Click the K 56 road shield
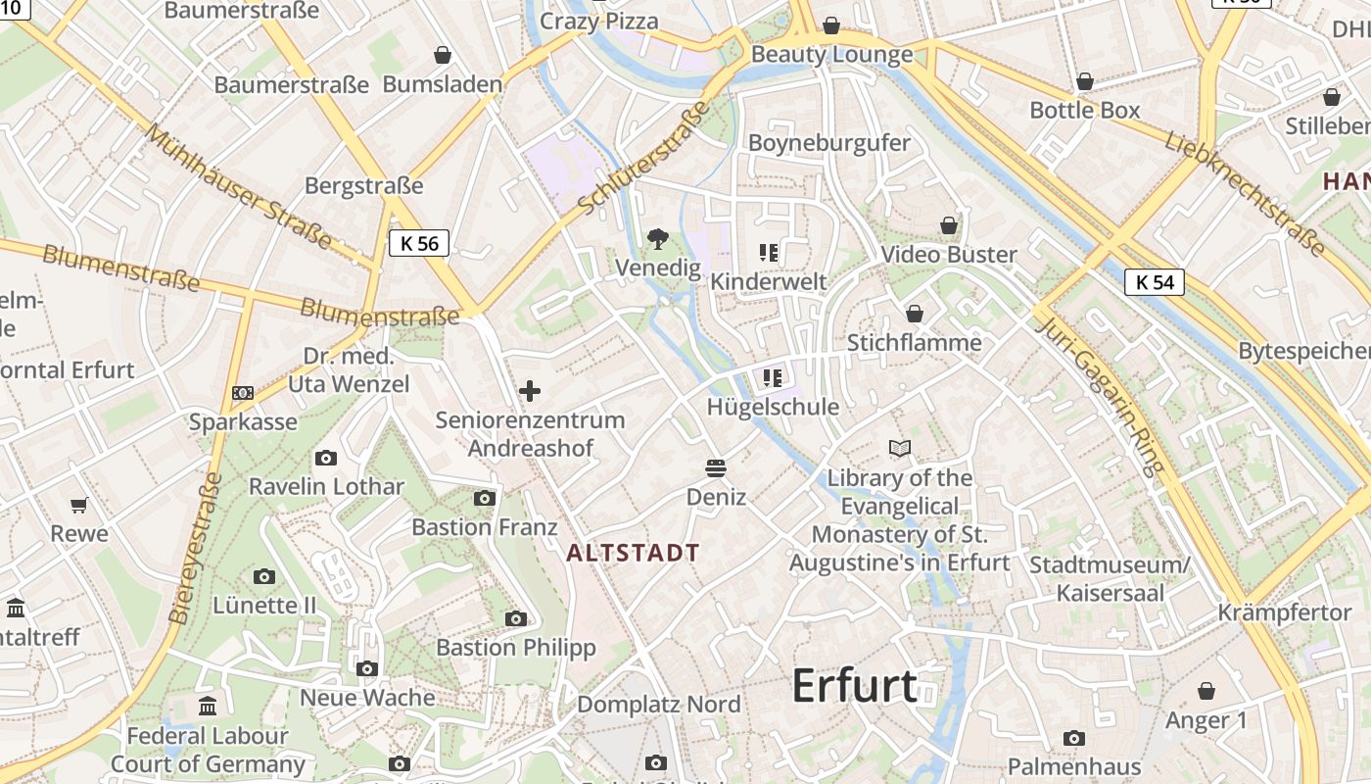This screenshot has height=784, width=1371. [419, 243]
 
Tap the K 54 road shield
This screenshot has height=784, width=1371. [1155, 282]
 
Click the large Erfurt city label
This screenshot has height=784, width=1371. [854, 685]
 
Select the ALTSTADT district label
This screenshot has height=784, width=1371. [633, 553]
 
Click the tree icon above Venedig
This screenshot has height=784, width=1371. [658, 238]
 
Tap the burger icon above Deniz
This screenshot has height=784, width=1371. [716, 468]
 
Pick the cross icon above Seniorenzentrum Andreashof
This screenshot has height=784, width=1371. [530, 392]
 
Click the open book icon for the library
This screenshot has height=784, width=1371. [899, 449]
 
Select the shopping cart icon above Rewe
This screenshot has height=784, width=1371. [79, 506]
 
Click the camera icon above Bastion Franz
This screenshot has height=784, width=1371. [484, 499]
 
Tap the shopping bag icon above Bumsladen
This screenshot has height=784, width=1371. [443, 55]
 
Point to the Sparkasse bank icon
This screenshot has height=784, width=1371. [243, 393]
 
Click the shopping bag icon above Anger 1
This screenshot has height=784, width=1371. [1206, 692]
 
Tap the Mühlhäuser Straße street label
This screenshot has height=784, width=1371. [239, 185]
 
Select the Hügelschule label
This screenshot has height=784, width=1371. [773, 407]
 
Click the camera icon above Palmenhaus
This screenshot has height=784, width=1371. [1074, 738]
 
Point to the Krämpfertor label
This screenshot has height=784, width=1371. [1284, 612]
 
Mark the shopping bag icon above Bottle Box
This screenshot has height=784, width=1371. [1084, 81]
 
